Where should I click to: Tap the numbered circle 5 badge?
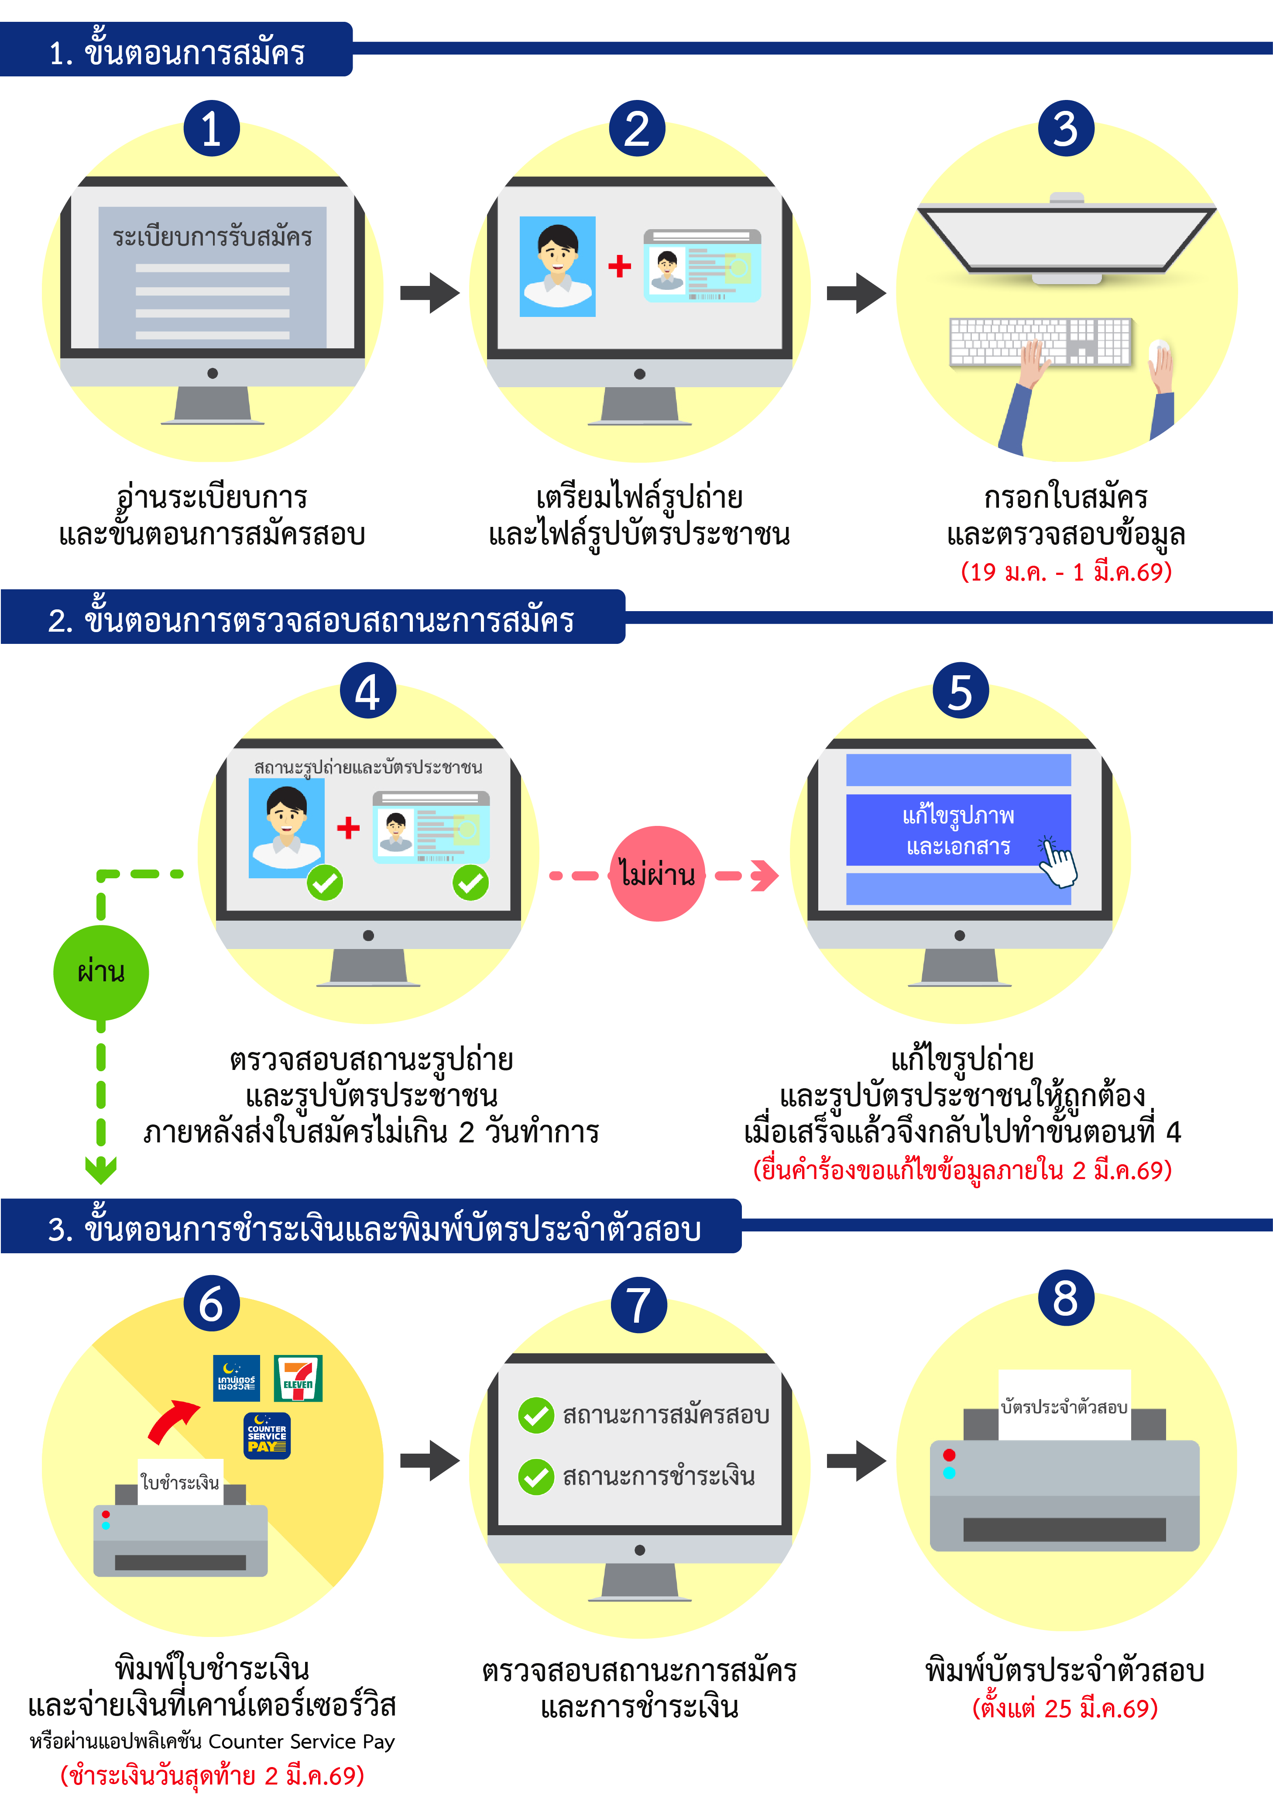click(960, 691)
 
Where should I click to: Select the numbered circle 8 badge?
click(1065, 1299)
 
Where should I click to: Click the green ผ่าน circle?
click(101, 972)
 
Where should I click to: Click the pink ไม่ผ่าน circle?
click(657, 874)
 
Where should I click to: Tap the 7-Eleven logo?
click(298, 1378)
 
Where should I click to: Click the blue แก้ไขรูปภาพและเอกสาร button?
click(958, 830)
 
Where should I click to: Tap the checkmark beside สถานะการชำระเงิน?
click(536, 1477)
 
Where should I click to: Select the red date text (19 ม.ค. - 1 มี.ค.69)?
click(1065, 571)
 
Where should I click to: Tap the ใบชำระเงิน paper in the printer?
click(180, 1482)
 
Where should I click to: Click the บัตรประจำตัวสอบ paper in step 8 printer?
click(1064, 1406)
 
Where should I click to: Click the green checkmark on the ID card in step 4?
click(470, 882)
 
